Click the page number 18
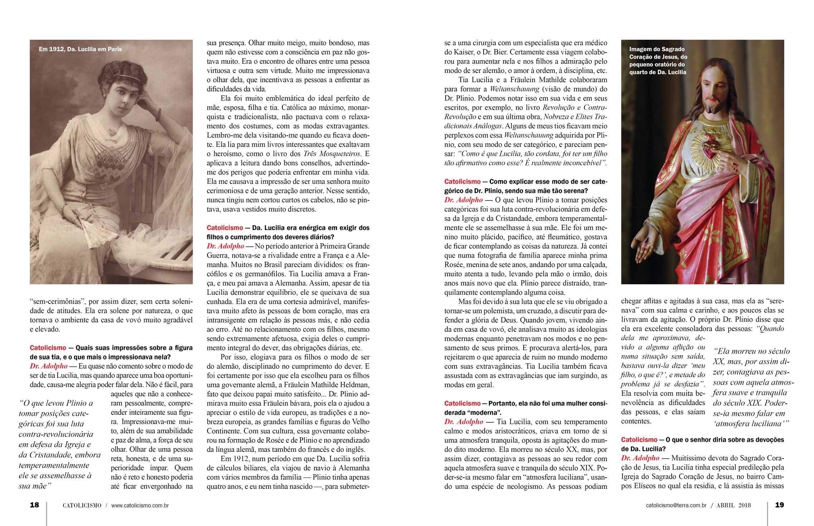(x=34, y=505)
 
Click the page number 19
(x=779, y=505)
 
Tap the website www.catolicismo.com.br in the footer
(x=140, y=506)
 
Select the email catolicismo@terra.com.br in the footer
(x=676, y=506)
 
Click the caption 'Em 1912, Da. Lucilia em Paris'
(x=80, y=49)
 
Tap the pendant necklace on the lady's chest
(x=113, y=132)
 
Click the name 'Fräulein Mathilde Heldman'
(x=315, y=385)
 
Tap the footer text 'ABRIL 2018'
(x=733, y=506)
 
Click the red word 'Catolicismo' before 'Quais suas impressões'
(x=48, y=348)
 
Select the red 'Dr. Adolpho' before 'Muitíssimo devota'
(x=640, y=458)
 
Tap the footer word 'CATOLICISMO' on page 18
(x=82, y=506)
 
